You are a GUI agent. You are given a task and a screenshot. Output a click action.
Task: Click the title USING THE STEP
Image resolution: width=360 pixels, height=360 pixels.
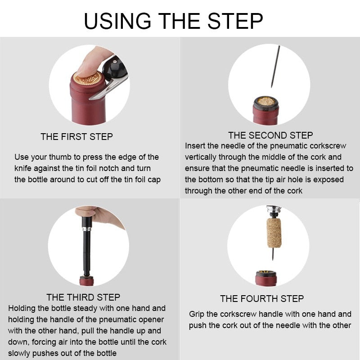pyautogui.click(x=173, y=21)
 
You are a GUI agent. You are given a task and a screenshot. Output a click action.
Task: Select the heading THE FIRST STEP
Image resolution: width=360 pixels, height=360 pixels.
pyautogui.click(x=76, y=136)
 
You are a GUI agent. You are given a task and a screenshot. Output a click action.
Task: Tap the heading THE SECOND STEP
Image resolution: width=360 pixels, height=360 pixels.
pyautogui.click(x=270, y=135)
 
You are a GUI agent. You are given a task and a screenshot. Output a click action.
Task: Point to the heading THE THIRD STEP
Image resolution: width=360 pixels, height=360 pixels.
pyautogui.click(x=83, y=297)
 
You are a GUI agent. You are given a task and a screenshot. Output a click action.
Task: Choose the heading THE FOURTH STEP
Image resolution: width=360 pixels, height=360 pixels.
pyautogui.click(x=262, y=298)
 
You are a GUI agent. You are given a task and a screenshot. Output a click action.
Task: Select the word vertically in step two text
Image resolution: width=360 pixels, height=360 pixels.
pyautogui.click(x=200, y=157)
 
